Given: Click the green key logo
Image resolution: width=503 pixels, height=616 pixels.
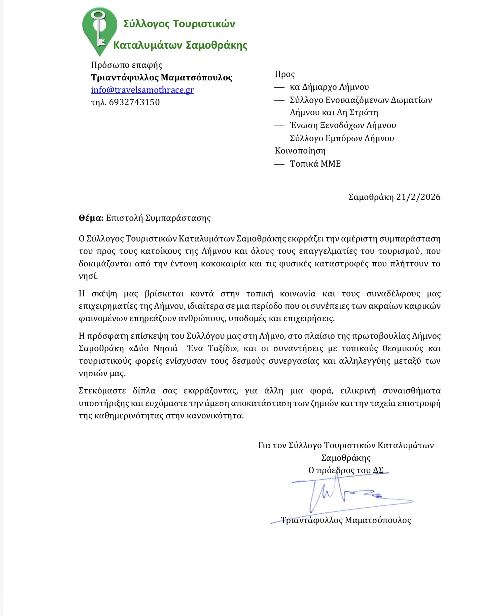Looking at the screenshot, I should point(99,30).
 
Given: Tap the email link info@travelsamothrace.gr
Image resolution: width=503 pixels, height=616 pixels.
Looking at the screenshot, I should point(142,90).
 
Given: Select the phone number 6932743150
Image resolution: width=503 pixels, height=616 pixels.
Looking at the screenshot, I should point(134,102).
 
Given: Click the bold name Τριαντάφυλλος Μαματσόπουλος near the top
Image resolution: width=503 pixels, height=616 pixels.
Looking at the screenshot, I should point(162,77).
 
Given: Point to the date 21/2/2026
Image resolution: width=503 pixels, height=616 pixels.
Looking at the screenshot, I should point(418,197).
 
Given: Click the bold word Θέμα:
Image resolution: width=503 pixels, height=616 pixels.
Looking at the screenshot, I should point(91,218).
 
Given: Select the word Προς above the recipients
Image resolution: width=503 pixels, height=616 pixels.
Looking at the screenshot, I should point(284,74).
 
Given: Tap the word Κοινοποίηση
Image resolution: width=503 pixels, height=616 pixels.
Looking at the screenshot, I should point(300,151).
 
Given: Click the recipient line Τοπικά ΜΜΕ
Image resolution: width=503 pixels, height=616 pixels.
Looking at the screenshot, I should point(315,164).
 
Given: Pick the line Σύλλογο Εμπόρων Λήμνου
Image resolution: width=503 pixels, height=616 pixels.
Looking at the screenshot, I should point(342,138).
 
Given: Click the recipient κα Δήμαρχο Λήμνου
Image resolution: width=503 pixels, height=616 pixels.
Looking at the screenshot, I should point(329,87).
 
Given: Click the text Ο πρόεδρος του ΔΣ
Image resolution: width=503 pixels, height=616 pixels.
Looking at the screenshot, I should point(346,470).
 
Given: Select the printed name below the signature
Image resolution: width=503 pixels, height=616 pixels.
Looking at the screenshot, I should point(346,520).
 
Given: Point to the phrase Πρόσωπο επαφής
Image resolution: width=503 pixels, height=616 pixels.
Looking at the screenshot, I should point(127,65).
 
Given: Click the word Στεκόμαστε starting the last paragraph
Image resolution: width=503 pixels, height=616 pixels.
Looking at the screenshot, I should point(102,391).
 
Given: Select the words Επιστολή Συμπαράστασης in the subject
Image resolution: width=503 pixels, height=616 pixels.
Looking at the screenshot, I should point(158,218).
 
